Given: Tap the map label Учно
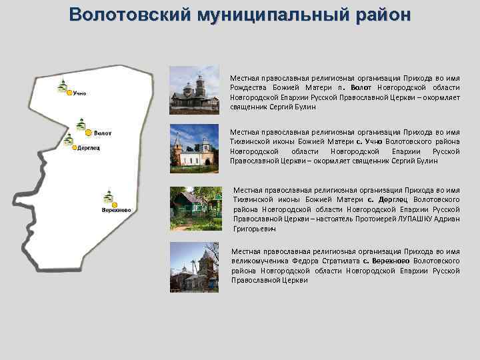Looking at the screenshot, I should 79,93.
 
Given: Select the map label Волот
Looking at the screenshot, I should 103,133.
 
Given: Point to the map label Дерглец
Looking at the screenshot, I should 89,148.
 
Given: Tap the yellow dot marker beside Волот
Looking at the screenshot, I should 88,133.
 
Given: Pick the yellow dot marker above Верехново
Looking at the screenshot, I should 114,203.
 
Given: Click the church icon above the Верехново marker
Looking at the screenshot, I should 108,196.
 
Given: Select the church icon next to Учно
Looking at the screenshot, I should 62,86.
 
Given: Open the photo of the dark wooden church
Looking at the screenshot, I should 195,89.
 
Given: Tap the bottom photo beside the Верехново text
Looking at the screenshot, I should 195,267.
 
